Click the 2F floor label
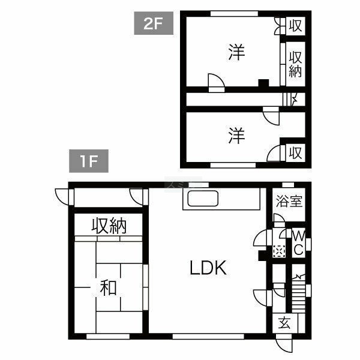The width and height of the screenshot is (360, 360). click(154, 23)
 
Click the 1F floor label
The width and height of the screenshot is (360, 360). click(89, 161)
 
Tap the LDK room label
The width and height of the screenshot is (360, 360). click(208, 268)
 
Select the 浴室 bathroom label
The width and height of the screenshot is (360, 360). click(289, 201)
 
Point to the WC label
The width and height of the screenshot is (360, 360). click(299, 242)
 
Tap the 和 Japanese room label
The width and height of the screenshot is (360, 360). click(109, 287)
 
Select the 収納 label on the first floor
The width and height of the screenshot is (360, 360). click(109, 226)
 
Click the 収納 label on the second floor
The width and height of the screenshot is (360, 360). click(295, 64)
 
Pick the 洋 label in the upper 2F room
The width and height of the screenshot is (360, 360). click(237, 53)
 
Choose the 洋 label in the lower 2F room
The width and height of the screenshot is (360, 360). click(237, 136)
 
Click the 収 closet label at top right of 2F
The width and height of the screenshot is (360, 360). click(295, 26)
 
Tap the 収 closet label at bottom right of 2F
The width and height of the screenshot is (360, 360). click(295, 152)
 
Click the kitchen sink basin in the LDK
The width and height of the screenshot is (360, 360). click(203, 199)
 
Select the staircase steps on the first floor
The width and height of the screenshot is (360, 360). click(298, 295)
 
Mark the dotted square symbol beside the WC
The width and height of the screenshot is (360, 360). click(279, 251)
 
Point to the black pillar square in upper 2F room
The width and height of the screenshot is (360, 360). click(263, 83)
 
